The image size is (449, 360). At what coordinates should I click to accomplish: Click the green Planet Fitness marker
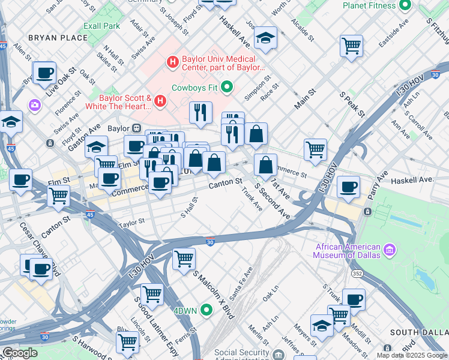(405, 5)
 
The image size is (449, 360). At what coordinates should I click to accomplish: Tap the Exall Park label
(102, 26)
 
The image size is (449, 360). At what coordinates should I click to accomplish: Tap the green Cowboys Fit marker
(227, 88)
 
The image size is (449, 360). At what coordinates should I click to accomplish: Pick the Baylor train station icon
(137, 128)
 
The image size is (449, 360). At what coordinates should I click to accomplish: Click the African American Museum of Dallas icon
(390, 248)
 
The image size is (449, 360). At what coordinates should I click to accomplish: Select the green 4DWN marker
(206, 310)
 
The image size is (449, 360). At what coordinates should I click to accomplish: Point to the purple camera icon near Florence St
(34, 105)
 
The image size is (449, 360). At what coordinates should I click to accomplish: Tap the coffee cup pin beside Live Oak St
(44, 73)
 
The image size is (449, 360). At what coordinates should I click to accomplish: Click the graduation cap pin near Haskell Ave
(265, 38)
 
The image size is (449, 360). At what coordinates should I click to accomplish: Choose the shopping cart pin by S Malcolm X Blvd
(184, 259)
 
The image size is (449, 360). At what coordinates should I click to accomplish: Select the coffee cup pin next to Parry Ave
(348, 187)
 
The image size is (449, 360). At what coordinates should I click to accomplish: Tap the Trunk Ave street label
(252, 199)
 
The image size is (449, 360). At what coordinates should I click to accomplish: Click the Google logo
(19, 353)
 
